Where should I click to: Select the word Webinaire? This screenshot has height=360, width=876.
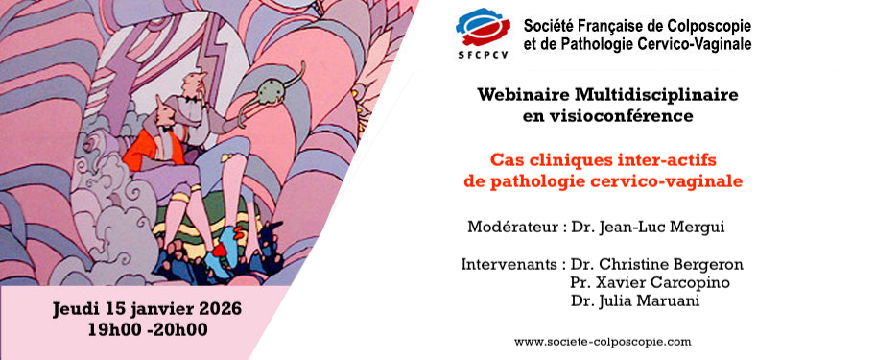point(524,96)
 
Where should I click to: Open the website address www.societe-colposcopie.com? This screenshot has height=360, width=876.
point(603,341)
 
